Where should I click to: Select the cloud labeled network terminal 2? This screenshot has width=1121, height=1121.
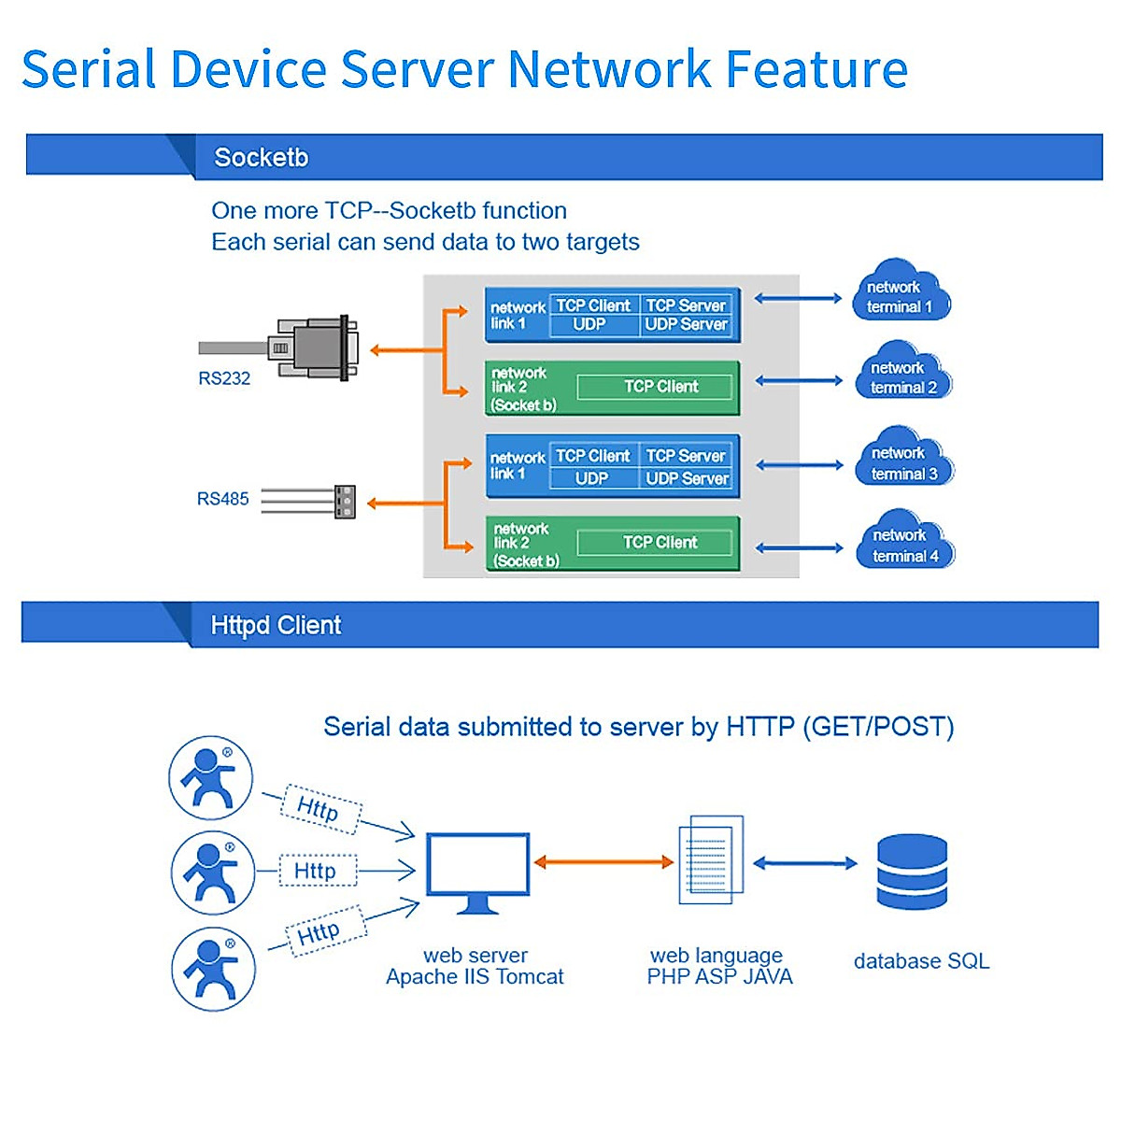pos(903,375)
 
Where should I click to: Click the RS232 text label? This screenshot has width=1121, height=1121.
pos(224,378)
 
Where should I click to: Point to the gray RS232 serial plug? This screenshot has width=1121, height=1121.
pos(318,348)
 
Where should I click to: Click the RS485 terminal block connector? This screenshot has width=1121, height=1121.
pos(345,502)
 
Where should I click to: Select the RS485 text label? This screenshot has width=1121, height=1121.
pos(222,499)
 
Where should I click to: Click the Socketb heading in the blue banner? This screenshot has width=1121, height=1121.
pos(261,157)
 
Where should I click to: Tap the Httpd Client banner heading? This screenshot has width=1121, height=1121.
pos(276,625)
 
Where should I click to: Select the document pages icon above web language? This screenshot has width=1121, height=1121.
pos(711,859)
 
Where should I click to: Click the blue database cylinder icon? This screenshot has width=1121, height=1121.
pos(912,872)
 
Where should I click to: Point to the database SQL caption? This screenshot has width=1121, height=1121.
pos(921,961)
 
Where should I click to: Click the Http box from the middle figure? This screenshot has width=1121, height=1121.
pos(318,871)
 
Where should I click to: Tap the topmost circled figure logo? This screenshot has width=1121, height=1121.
pos(210,778)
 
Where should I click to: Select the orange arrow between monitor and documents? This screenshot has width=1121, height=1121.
pos(603,862)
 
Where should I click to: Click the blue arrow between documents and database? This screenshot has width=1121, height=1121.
pos(804,863)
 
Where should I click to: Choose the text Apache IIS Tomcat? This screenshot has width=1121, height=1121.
pos(475,977)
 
